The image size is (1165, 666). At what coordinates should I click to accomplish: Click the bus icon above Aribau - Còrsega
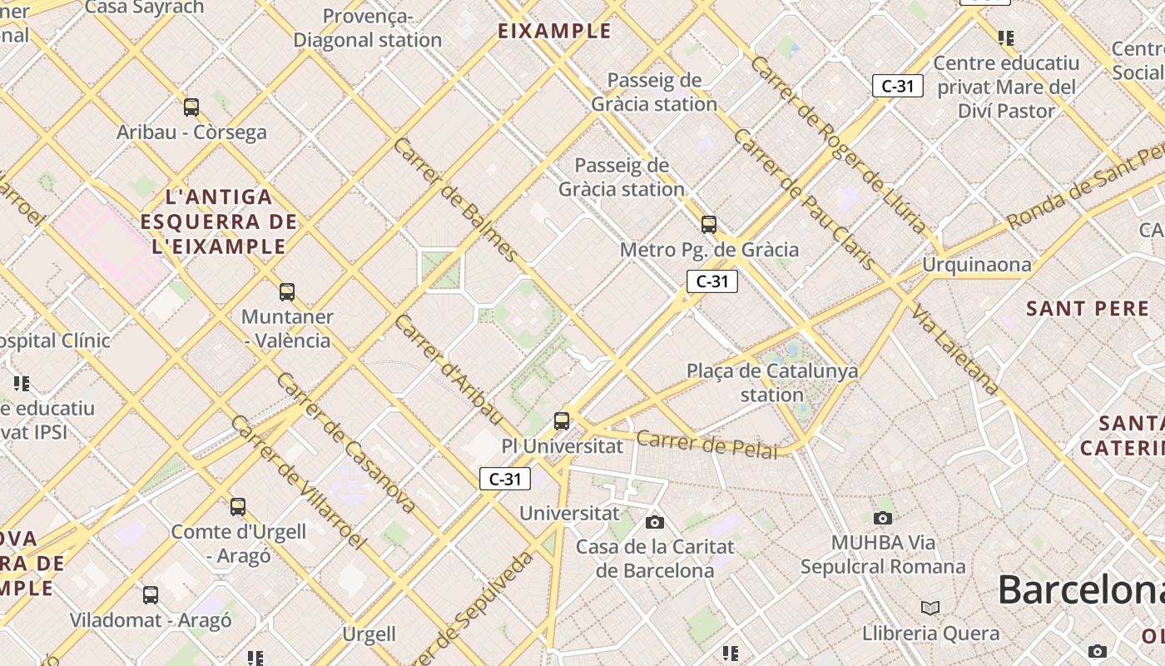[x=191, y=107]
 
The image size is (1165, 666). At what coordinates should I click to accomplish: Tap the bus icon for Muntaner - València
[x=287, y=292]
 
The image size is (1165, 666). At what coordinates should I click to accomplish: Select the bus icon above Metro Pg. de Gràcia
[x=709, y=225]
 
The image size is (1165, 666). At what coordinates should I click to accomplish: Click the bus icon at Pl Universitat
[x=562, y=421]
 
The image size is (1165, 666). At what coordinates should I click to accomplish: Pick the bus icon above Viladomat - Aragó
[x=151, y=595]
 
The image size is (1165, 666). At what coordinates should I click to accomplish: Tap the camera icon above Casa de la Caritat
[x=655, y=522]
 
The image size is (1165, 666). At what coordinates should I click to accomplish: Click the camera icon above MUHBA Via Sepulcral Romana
[x=883, y=518]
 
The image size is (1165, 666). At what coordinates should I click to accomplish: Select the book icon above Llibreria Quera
[x=930, y=608]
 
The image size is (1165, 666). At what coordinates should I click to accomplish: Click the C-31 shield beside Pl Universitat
[x=505, y=479]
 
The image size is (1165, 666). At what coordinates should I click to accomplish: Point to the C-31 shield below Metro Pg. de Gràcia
[x=712, y=281]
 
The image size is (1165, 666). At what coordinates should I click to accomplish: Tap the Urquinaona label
[x=976, y=265]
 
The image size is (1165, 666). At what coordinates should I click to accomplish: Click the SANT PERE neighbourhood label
[x=1087, y=309]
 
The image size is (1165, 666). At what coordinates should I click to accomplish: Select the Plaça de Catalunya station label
[x=772, y=382]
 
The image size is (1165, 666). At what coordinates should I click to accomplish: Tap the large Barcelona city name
[x=1080, y=589]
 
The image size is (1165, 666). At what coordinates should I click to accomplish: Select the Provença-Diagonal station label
[x=367, y=28]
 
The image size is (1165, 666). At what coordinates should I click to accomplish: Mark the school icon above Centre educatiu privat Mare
[x=1006, y=38]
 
